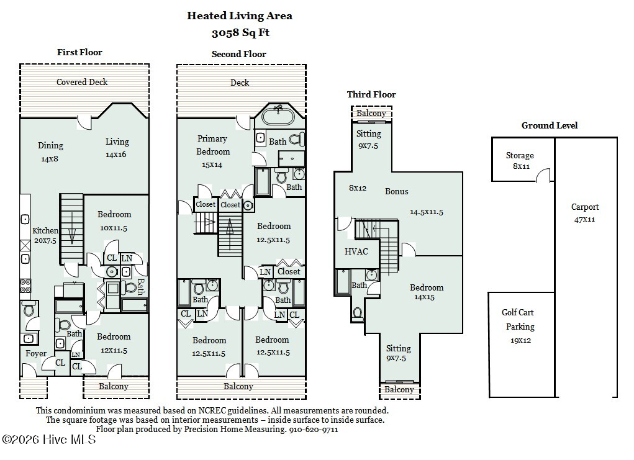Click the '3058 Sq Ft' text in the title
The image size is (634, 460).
(x=240, y=33)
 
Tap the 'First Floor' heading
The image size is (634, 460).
(x=79, y=52)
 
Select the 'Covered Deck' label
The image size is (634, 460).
(x=82, y=82)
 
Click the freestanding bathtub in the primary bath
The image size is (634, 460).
(x=278, y=116)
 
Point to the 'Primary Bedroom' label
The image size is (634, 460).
(x=212, y=145)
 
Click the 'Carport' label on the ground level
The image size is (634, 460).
(x=585, y=207)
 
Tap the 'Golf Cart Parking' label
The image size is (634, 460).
(x=519, y=320)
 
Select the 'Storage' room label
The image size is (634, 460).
(x=519, y=156)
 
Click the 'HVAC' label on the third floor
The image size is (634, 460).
(x=356, y=251)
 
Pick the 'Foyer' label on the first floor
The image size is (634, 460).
(x=35, y=354)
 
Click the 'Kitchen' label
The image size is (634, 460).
(x=45, y=231)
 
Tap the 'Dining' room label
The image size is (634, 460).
(x=50, y=145)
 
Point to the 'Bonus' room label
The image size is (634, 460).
(x=396, y=191)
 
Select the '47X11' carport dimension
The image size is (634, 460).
(x=585, y=219)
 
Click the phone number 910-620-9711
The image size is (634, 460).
(x=313, y=429)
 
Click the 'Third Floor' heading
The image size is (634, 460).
(x=371, y=94)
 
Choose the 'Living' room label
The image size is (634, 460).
(x=117, y=142)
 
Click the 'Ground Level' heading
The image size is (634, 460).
(x=549, y=125)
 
